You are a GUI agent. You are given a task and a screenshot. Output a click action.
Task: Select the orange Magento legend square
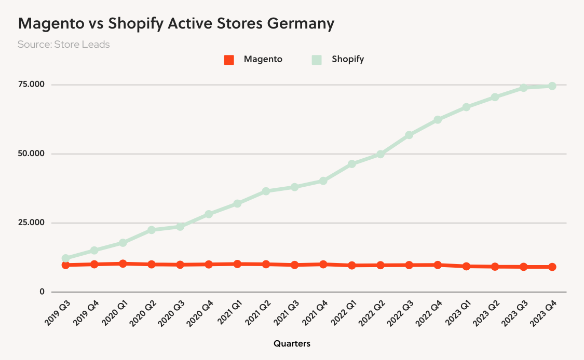tap(229, 60)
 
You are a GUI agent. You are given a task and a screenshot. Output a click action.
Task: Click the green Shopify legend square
tap(317, 60)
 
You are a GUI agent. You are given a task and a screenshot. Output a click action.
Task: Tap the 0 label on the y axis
tap(43, 292)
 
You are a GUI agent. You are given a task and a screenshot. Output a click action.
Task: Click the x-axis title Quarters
tap(292, 343)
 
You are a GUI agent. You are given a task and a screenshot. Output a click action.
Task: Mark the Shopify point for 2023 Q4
tap(552, 86)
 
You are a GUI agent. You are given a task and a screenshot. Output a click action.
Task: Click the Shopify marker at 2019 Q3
tap(65, 258)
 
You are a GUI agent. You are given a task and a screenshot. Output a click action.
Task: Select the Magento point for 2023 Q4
tap(552, 267)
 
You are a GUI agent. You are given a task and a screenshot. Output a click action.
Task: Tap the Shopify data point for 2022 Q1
tap(352, 164)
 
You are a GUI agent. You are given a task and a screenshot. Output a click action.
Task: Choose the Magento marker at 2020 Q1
tap(123, 264)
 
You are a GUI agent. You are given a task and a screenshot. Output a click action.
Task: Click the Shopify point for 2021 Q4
tap(323, 181)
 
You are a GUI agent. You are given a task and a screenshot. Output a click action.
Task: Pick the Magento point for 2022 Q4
tap(438, 265)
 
